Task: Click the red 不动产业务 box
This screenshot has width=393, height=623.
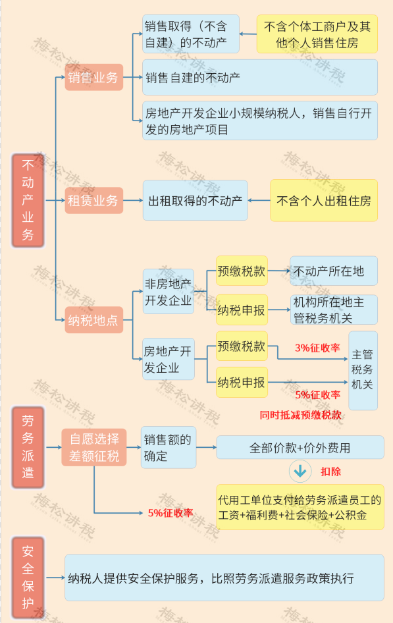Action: (x=28, y=201)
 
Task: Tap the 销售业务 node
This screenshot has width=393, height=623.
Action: (x=93, y=77)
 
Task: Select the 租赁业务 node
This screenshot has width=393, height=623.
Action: (x=93, y=200)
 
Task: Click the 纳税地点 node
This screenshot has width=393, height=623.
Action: (x=93, y=320)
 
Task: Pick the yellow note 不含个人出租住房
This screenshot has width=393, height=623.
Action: (x=323, y=201)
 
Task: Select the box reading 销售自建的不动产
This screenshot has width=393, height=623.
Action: (x=260, y=78)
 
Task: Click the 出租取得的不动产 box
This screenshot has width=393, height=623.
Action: (x=196, y=200)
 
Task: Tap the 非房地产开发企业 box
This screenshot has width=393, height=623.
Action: (x=169, y=292)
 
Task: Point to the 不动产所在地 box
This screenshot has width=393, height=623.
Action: (x=334, y=271)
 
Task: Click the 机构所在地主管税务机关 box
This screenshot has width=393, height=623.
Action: (x=334, y=310)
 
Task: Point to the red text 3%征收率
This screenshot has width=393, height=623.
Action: (x=317, y=348)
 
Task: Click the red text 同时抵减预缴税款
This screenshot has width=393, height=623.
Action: (x=300, y=415)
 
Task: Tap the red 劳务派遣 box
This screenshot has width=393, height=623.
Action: (x=28, y=447)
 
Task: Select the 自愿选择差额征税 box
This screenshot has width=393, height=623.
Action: (x=94, y=447)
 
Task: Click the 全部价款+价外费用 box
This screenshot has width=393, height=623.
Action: (x=300, y=447)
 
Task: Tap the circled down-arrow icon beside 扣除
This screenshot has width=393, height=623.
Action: (x=300, y=472)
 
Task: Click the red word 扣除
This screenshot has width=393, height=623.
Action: (x=330, y=472)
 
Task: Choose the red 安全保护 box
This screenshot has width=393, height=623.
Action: (x=28, y=578)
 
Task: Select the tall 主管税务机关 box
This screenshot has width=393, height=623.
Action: (x=363, y=370)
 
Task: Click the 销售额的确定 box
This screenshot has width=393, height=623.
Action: (x=169, y=447)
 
